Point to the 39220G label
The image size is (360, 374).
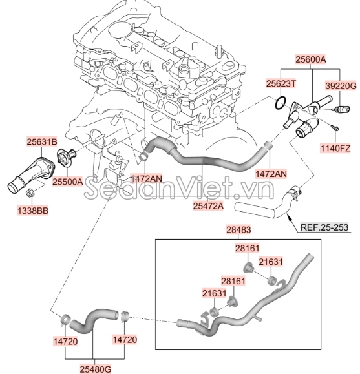coord(339,84)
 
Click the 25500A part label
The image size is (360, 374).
coord(68,182)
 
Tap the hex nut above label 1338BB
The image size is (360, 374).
coord(31,192)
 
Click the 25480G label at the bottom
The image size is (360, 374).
coord(95,369)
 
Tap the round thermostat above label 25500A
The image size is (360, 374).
coord(64,158)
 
